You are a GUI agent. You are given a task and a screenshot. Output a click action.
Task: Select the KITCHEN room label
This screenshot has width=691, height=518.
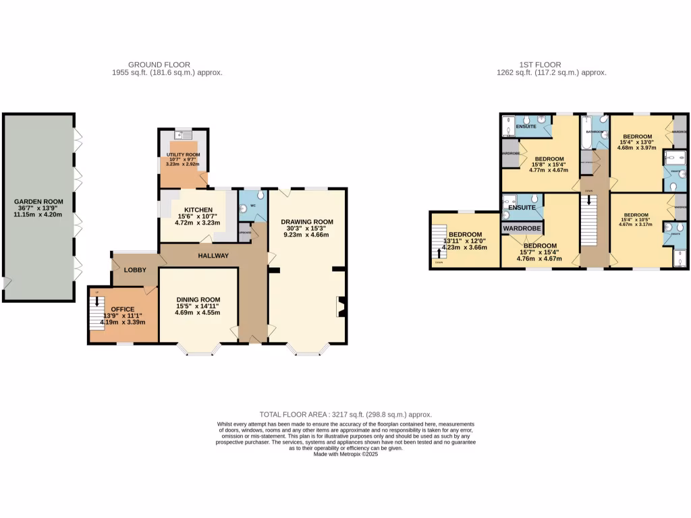tap(194, 210)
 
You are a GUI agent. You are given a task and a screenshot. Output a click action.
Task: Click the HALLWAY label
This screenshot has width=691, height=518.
tap(213, 256)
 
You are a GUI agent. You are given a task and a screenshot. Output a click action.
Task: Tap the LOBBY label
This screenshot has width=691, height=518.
tap(134, 270)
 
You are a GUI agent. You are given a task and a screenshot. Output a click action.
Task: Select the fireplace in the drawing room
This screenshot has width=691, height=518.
tap(340, 306)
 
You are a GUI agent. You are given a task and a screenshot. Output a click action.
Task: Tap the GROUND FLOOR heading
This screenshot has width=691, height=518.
tap(155, 65)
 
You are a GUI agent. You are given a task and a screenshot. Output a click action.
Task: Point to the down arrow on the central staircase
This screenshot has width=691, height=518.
tap(590, 202)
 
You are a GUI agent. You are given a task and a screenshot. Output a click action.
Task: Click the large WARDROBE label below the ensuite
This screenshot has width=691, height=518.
tap(522, 229)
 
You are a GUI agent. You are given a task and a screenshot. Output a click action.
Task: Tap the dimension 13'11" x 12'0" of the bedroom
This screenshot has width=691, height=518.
tap(465, 241)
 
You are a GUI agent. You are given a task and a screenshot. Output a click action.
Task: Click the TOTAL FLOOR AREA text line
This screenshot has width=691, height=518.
tap(345, 415)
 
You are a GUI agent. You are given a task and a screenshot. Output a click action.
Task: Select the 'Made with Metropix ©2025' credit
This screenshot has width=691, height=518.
tap(345, 455)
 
